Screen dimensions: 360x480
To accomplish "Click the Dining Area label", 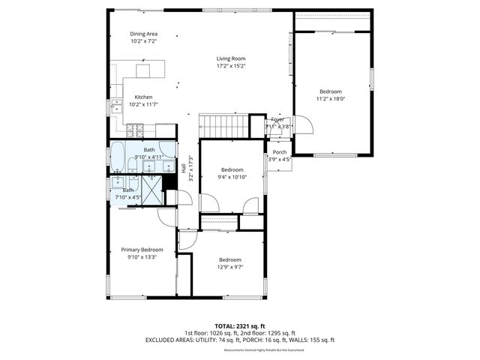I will tap(143, 34).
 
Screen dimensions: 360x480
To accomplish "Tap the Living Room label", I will tap(231, 58).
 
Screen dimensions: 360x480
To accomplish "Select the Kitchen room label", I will tap(143, 97).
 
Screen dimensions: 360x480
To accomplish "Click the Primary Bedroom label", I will tap(142, 250).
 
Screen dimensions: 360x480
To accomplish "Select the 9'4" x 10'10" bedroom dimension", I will tap(232, 177).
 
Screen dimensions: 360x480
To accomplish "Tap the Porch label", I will tap(279, 152).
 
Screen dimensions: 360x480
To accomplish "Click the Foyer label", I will tap(277, 119).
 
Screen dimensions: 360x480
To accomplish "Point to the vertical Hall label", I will tap(184, 169).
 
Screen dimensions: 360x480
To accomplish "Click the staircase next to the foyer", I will tap(224, 127).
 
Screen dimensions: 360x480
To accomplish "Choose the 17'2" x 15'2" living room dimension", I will tap(231, 66).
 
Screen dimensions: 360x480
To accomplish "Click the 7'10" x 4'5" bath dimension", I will tap(130, 198).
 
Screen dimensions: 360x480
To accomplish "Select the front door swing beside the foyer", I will tap(301, 124).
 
